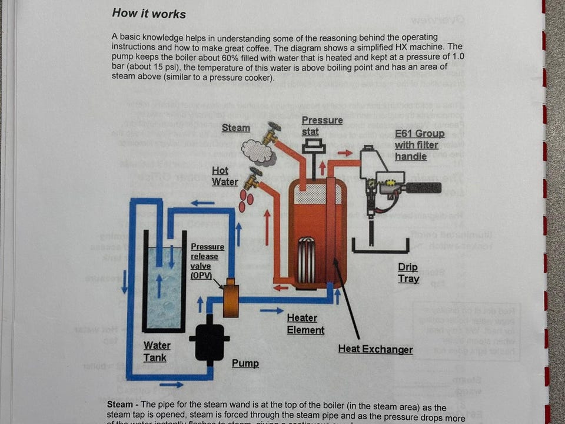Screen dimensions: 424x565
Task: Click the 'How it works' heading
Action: coord(149,14)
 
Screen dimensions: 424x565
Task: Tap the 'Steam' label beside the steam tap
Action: coord(235,128)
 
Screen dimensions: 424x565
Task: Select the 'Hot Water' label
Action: coord(225,176)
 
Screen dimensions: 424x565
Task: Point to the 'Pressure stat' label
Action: coord(322,125)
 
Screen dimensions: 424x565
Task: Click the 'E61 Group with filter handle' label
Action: coord(420,145)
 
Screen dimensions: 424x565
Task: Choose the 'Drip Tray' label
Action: coord(408,273)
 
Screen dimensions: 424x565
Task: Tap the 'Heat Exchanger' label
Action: coord(375,349)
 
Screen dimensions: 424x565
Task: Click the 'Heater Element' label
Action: coord(305,324)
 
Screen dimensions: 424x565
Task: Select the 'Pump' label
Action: coord(245,363)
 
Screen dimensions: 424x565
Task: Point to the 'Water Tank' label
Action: coord(157,352)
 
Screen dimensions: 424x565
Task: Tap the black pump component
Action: coord(210,340)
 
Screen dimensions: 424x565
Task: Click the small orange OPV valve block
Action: coord(231,298)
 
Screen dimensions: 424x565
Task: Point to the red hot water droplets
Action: coord(246,201)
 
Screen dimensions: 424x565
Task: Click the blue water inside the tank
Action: coord(164,289)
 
